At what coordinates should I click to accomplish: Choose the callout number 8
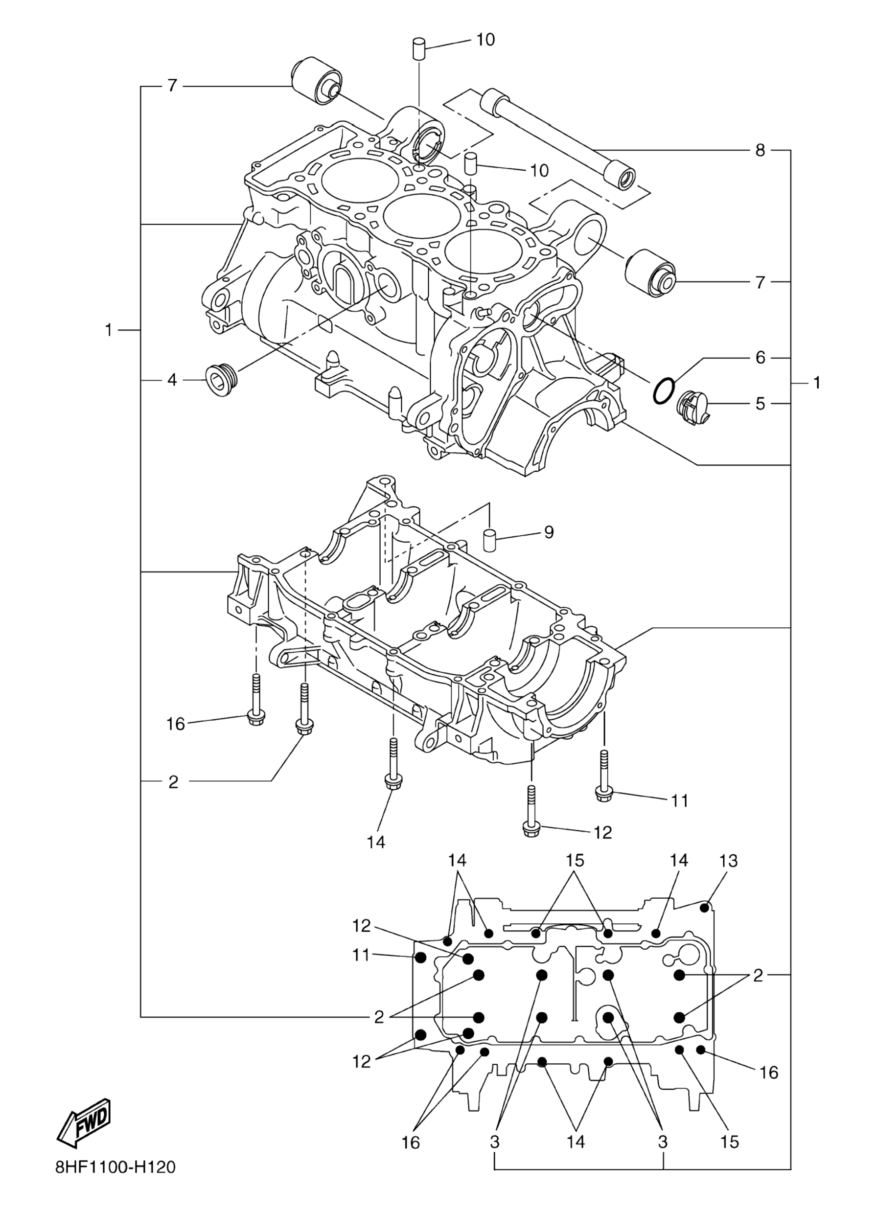760,150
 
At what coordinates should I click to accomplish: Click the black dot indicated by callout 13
706,907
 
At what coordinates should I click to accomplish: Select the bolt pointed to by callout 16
256,700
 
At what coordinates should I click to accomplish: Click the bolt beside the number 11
603,777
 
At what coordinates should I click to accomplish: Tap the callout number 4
171,380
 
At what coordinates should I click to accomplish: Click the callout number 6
760,357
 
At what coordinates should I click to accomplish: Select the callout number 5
760,403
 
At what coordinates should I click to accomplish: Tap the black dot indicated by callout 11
420,956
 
